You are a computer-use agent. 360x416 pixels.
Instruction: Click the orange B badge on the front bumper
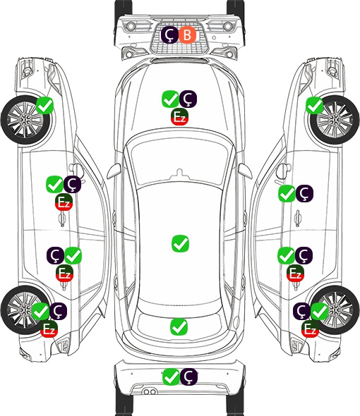coord(187,35)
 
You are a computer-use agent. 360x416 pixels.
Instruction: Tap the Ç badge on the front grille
coord(170,35)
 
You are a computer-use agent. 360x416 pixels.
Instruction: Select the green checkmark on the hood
coord(170,99)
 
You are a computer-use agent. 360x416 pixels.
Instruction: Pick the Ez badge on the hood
coord(179,116)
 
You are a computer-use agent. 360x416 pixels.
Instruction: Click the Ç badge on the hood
coord(188,99)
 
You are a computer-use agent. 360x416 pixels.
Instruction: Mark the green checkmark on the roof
coord(181,243)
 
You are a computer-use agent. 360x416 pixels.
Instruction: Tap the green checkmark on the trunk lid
coord(179,327)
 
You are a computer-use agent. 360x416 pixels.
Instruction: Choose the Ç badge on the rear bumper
coord(189,377)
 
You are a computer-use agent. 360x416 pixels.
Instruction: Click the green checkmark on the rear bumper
coord(171,377)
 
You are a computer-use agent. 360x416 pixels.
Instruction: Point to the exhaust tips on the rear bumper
coord(150,392)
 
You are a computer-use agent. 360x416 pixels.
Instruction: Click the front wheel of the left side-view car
coord(25,120)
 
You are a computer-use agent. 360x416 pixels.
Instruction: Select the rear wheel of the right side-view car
coord(335,310)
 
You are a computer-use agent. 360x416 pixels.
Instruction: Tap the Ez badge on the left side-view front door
coord(64,202)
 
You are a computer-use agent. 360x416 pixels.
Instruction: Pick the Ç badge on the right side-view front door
coord(304,193)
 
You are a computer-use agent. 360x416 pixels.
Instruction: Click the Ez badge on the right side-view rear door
coord(295,273)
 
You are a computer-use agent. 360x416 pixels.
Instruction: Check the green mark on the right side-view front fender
coord(315,105)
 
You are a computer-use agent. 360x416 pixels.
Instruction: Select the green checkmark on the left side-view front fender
coord(45,105)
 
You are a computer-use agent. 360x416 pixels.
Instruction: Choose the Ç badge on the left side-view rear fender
coord(58,311)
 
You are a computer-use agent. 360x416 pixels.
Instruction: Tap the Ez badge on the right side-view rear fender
coord(310,329)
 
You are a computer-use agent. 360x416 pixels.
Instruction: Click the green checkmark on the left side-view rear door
coord(73,255)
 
